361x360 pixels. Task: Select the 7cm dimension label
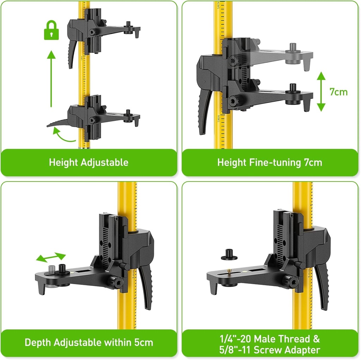(338, 92)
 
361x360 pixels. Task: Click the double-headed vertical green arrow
(321, 92)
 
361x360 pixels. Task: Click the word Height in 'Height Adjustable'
(63, 163)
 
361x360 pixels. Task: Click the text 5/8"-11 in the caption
(237, 350)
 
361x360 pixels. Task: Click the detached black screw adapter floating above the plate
(229, 255)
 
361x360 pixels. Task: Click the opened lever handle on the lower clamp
(58, 123)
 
